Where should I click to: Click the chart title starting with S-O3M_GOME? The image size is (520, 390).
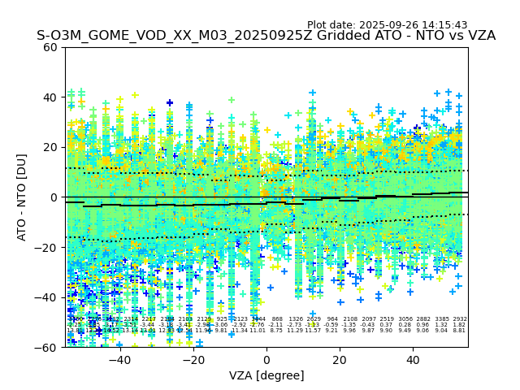click(x=266, y=36)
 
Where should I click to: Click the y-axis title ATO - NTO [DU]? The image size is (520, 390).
click(x=22, y=197)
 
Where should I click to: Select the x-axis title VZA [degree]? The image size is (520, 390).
click(x=266, y=375)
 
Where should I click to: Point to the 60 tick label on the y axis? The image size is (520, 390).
click(x=50, y=47)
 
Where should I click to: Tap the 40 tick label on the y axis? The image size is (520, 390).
click(x=50, y=97)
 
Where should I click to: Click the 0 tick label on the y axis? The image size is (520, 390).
click(x=54, y=197)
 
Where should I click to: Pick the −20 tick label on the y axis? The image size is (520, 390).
click(x=47, y=248)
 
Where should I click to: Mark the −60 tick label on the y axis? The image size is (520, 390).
click(x=47, y=348)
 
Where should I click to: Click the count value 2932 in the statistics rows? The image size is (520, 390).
click(x=460, y=319)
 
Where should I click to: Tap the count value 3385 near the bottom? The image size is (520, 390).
click(x=442, y=319)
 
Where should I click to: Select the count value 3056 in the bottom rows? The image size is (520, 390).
click(x=405, y=319)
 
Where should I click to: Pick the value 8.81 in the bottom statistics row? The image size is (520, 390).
click(x=460, y=331)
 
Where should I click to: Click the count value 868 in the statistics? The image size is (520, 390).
click(x=277, y=319)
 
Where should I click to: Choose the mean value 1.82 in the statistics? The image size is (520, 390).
click(x=460, y=325)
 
